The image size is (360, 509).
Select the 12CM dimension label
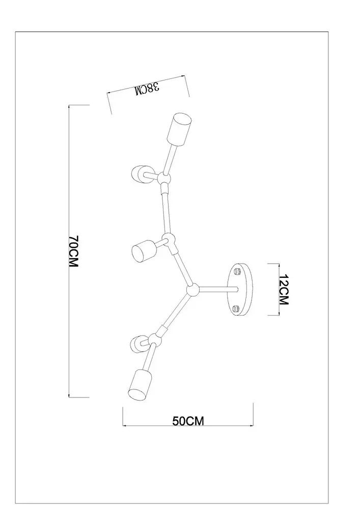pyautogui.click(x=284, y=290)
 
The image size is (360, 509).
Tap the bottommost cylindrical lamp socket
pyautogui.click(x=139, y=383)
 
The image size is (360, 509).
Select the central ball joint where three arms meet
pyautogui.click(x=193, y=291)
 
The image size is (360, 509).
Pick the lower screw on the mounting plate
pyautogui.click(x=236, y=308)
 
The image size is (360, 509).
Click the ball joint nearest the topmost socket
pyautogui.click(x=163, y=178)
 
